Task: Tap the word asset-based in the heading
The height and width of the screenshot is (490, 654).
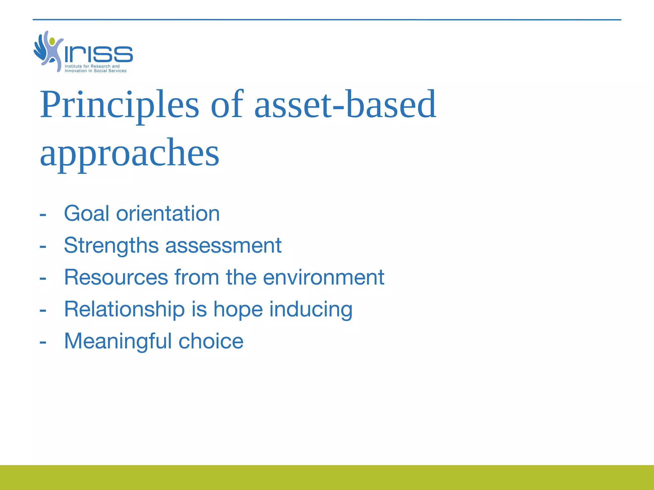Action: (x=345, y=105)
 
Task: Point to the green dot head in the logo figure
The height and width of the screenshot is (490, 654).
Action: (x=52, y=41)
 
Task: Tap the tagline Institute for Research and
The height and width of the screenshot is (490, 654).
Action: (x=92, y=66)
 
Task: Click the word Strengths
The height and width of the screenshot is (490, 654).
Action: (x=111, y=245)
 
